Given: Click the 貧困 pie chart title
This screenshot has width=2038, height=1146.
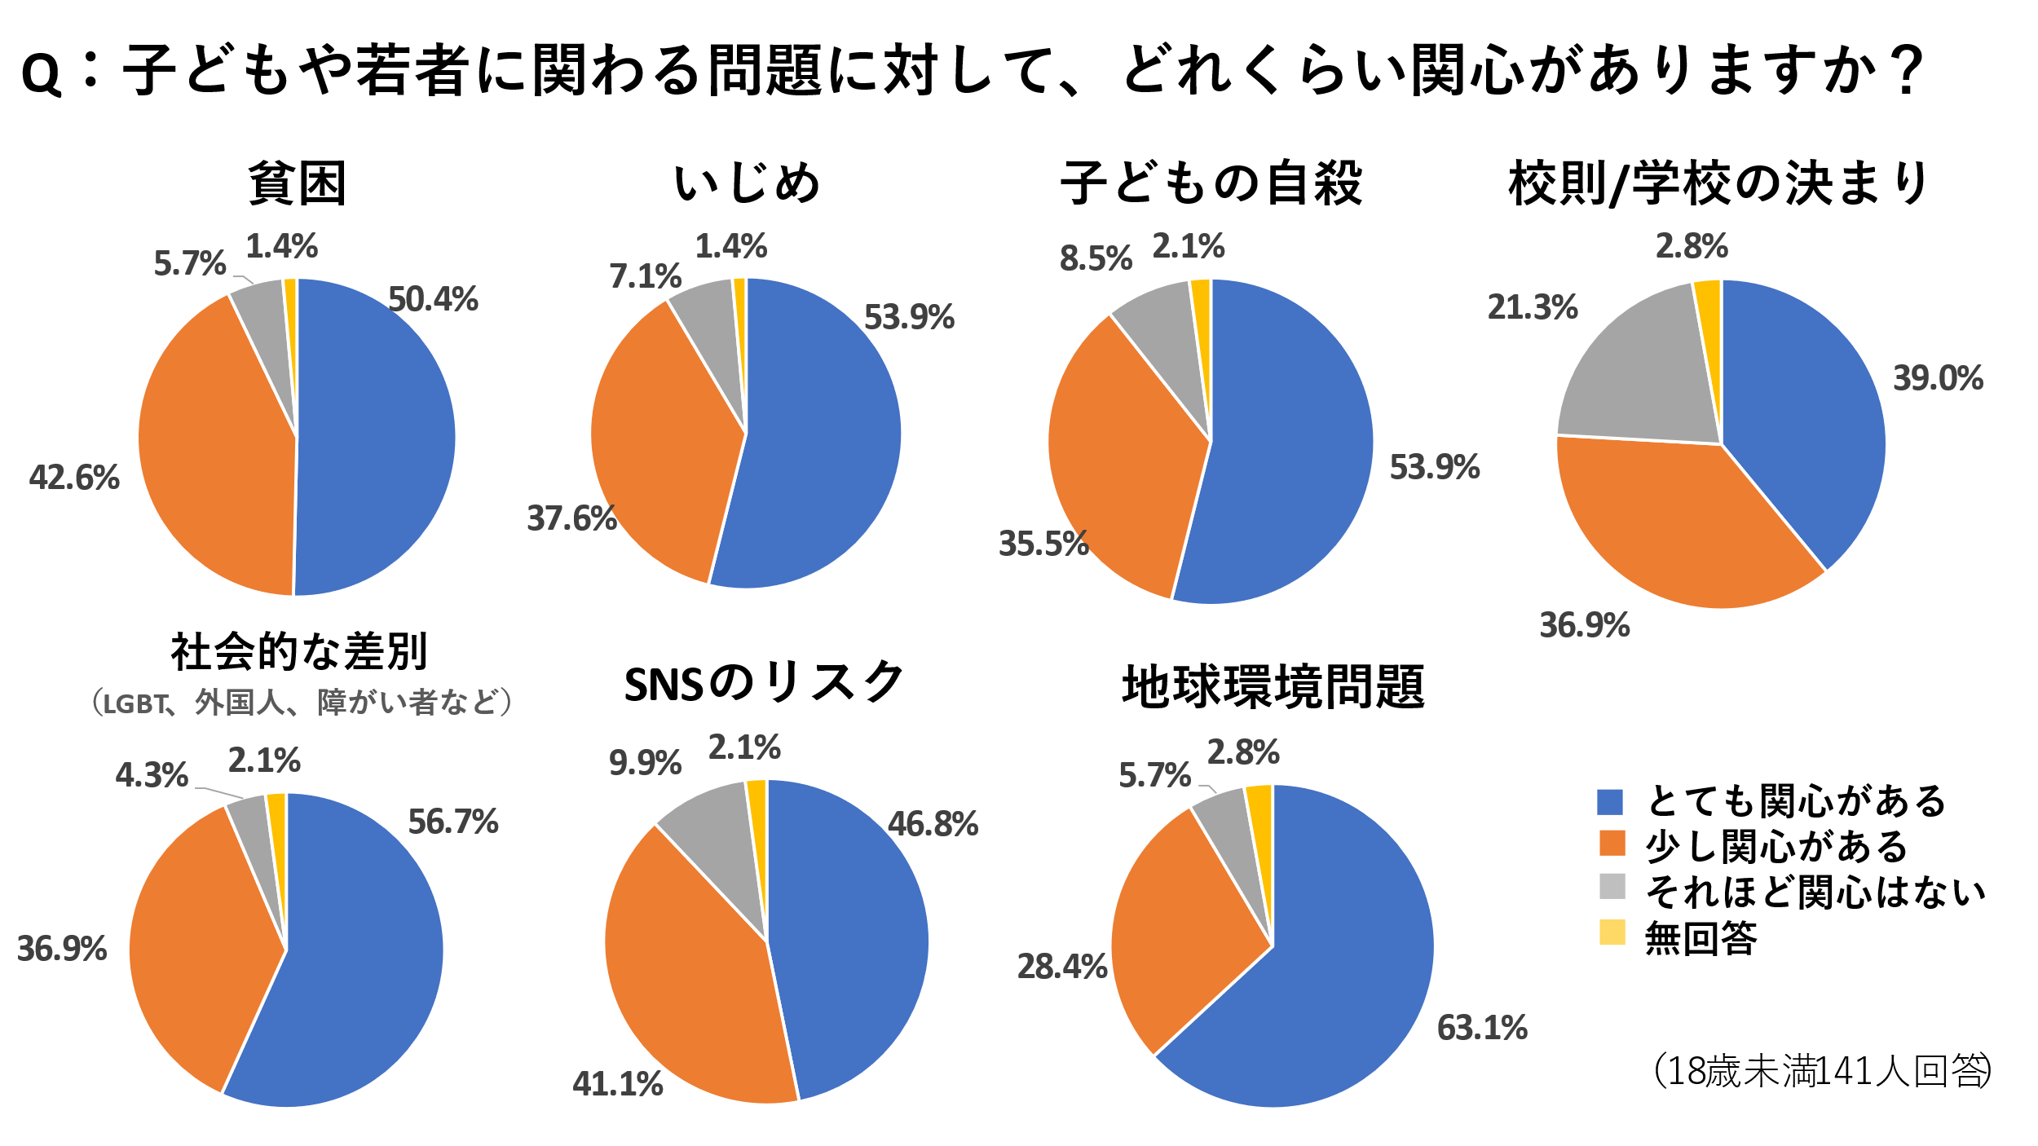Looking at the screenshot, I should [298, 184].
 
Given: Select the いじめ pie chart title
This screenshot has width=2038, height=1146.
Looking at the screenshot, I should [747, 183].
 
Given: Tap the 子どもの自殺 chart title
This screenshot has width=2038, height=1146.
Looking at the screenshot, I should [1211, 183].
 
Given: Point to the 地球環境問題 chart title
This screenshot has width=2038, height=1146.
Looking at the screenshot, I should [1273, 686].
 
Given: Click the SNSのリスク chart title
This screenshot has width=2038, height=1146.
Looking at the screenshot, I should [764, 683].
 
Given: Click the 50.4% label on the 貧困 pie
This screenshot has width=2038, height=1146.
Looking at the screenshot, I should [433, 299].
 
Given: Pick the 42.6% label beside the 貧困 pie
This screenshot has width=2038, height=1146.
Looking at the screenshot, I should [74, 477].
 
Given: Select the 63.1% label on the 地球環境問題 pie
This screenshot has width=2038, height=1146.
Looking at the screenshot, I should [1482, 1028].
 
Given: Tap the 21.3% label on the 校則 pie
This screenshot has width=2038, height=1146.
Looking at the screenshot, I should [1533, 307].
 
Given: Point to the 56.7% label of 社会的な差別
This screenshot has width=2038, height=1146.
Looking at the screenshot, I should [453, 822].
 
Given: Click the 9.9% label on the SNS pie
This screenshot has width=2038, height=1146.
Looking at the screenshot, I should [645, 763].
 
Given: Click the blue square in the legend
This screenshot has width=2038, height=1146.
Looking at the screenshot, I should [1610, 802].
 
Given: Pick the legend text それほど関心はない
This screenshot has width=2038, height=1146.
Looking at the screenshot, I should [1815, 892].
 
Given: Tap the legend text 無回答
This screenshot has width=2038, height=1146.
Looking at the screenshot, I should [1701, 937].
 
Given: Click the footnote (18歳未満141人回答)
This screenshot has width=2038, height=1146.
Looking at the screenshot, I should [1822, 1070].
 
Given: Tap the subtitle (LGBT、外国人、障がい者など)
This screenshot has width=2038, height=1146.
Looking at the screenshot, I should [301, 702].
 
